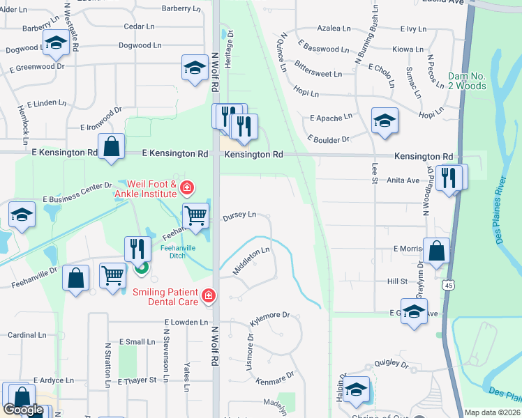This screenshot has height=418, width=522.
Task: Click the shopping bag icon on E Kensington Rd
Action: pyautogui.click(x=111, y=147)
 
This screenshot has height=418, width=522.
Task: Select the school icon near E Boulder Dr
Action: pyautogui.click(x=385, y=121)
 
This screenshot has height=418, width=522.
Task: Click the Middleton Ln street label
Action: pyautogui.click(x=251, y=261)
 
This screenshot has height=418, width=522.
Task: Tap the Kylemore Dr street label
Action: pyautogui.click(x=269, y=318)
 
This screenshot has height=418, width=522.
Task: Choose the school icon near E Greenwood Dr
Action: pyautogui.click(x=195, y=68)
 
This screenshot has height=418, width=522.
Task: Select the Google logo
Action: pyautogui.click(x=23, y=409)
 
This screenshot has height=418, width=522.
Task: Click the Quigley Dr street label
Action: pyautogui.click(x=390, y=364)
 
